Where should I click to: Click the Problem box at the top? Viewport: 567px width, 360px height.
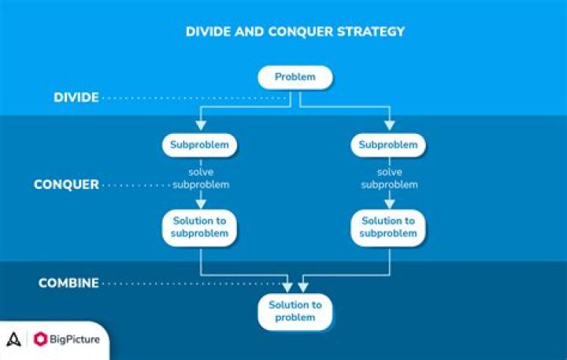pyautogui.click(x=295, y=77)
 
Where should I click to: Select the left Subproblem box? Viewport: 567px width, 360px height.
pyautogui.click(x=200, y=145)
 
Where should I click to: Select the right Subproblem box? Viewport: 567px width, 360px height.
pyautogui.click(x=388, y=145)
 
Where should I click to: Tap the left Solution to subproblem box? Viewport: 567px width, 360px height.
pyautogui.click(x=200, y=227)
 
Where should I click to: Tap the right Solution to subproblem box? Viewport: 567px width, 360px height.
pyautogui.click(x=388, y=227)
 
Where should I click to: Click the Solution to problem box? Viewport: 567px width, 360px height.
pyautogui.click(x=295, y=311)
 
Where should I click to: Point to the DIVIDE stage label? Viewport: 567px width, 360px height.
pyautogui.click(x=76, y=98)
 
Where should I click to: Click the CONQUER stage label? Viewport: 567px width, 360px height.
pyautogui.click(x=66, y=185)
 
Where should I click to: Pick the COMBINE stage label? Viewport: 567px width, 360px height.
pyautogui.click(x=69, y=283)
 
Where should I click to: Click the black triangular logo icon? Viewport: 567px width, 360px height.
pyautogui.click(x=13, y=340)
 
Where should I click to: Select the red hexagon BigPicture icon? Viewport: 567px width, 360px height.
pyautogui.click(x=41, y=340)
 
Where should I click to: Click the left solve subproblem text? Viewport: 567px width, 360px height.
pyautogui.click(x=201, y=179)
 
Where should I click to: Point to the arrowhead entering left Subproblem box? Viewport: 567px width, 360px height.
pyautogui.click(x=201, y=127)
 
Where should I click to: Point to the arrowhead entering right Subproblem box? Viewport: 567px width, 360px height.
pyautogui.click(x=388, y=127)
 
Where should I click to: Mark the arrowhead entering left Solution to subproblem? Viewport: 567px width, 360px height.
pyautogui.click(x=201, y=204)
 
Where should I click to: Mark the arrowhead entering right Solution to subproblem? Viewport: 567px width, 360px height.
pyautogui.click(x=388, y=204)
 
